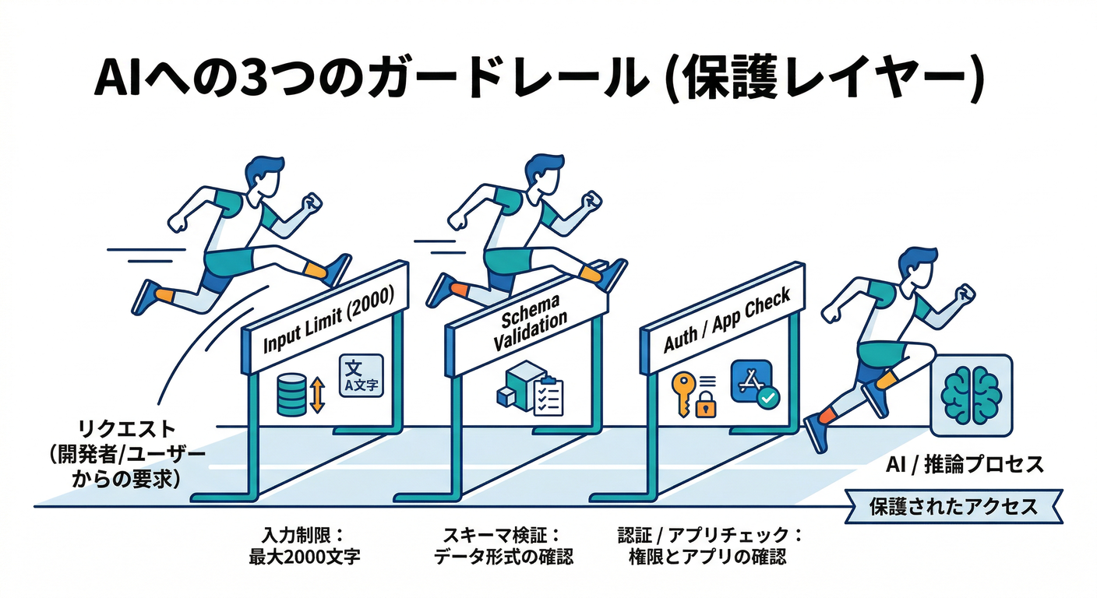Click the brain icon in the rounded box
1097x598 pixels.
pyautogui.click(x=971, y=395)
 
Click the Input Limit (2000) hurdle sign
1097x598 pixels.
pyautogui.click(x=326, y=320)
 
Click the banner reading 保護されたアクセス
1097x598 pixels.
pyautogui.click(x=954, y=507)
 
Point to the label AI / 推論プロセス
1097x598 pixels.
pyautogui.click(x=965, y=466)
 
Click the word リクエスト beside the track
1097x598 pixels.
pyautogui.click(x=127, y=429)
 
